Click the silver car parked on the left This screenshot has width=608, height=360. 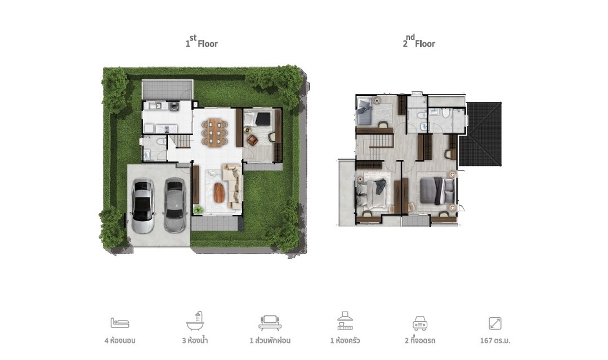click(142, 205)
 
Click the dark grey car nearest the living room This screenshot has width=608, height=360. click(175, 205)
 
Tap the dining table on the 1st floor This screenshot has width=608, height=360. click(214, 133)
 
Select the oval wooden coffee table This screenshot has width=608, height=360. click(219, 192)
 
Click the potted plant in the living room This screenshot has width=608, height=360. click(198, 210)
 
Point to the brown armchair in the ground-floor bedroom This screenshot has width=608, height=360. click(252, 139)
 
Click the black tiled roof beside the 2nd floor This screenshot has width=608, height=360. click(480, 134)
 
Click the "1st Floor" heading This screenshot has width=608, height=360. click(202, 42)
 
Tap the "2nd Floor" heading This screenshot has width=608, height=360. click(419, 42)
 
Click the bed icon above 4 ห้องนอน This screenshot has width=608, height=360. click(120, 322)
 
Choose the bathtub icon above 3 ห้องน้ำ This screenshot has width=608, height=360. click(195, 321)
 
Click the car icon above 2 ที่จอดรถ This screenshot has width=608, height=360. click(420, 323)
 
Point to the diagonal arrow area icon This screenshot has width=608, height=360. click(495, 323)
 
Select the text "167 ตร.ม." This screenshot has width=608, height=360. click(495, 341)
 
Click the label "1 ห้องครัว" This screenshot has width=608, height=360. click(345, 341)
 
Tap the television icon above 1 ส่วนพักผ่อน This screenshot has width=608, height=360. click(270, 322)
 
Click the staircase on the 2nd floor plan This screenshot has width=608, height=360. click(375, 146)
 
